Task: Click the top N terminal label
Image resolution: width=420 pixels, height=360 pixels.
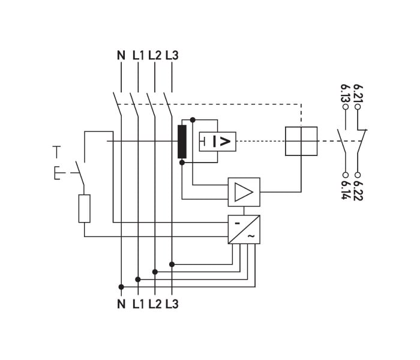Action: coord(121,55)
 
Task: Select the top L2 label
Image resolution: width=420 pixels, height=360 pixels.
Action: coord(155,55)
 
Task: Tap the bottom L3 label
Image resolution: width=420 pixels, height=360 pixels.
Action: coord(172,304)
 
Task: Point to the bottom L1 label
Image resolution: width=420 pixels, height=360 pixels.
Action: coord(138,304)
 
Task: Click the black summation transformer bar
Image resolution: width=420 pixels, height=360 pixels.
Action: coord(182,142)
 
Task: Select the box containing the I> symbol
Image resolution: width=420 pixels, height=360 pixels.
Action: coord(217,142)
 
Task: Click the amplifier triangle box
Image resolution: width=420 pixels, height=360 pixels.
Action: coord(244,192)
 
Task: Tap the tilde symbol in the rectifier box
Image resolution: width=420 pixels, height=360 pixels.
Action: coord(251,236)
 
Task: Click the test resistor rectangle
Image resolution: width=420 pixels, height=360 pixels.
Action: coord(85,208)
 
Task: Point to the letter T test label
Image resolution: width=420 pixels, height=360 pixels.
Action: coord(56,152)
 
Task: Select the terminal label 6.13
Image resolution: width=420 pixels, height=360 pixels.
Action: coord(345,93)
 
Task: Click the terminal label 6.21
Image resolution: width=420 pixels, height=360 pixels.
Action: coord(358,93)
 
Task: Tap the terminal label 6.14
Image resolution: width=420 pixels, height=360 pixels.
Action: coord(346,190)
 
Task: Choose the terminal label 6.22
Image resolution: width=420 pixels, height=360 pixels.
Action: coord(358,191)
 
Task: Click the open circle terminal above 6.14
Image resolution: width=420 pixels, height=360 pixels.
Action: coord(346,175)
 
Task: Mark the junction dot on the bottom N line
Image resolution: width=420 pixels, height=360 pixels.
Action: coord(121,287)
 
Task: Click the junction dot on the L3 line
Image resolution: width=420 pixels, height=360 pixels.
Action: coord(172,265)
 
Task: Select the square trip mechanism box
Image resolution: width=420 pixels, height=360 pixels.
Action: coord(301,141)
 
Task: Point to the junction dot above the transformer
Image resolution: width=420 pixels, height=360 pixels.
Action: coord(193,119)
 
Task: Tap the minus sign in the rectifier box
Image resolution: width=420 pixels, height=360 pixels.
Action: coord(238,223)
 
